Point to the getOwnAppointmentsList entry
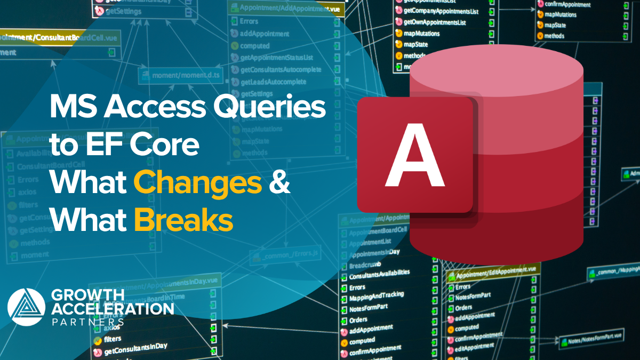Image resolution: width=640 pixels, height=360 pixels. [x=435, y=22]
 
